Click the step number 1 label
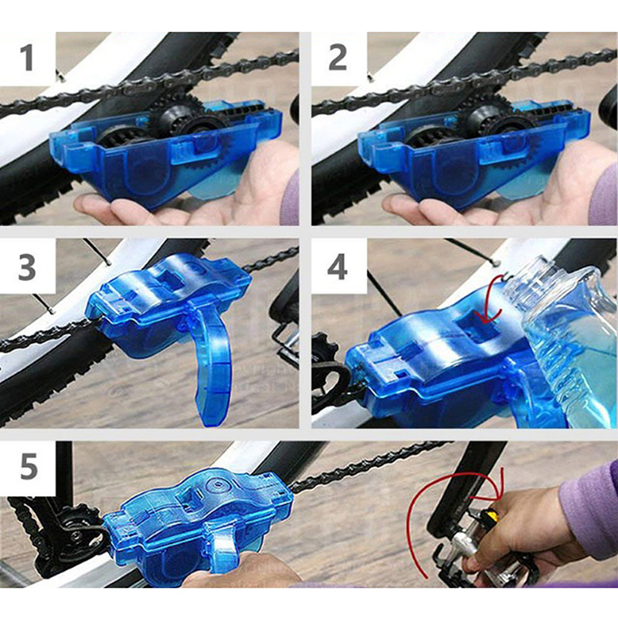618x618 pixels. tap(27, 57)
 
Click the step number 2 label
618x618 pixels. tap(338, 57)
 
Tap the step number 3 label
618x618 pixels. tap(27, 267)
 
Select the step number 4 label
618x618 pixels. tap(338, 267)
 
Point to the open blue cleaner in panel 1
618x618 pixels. tap(165, 150)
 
